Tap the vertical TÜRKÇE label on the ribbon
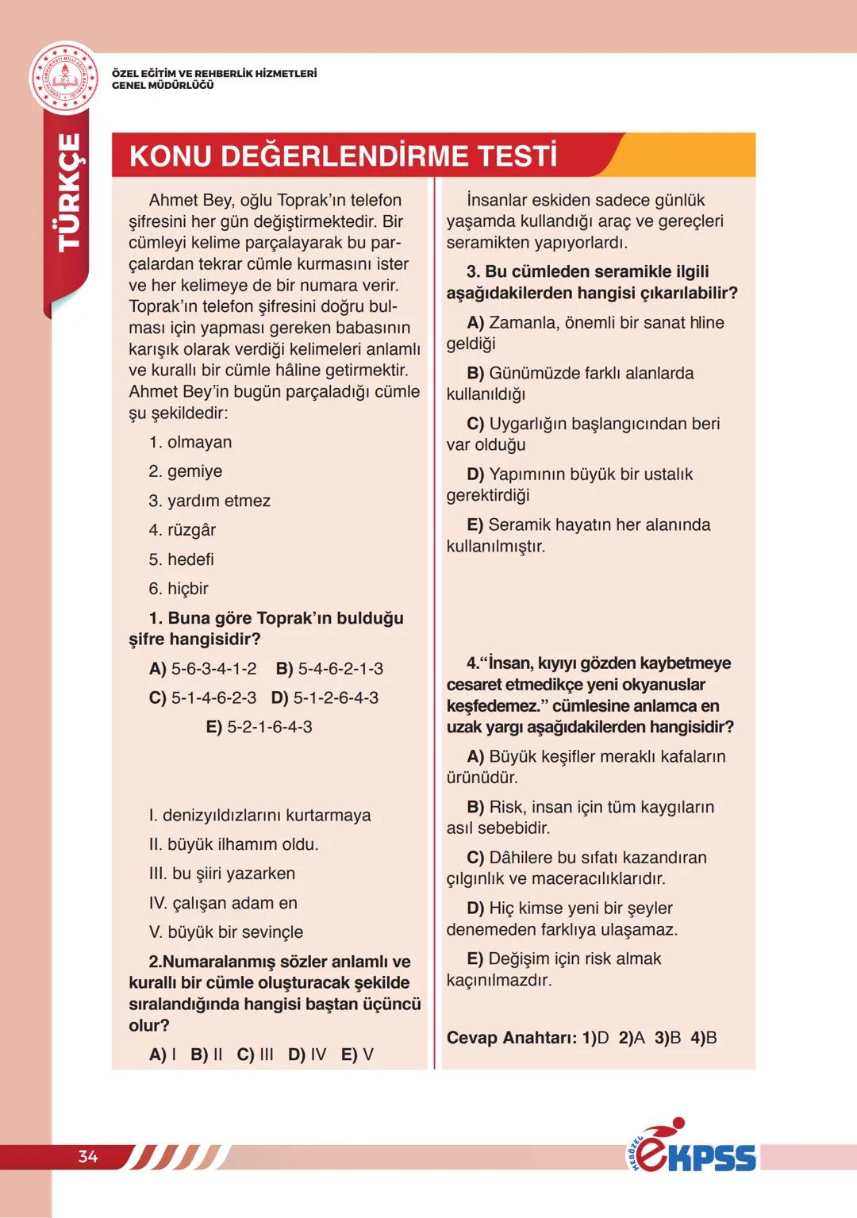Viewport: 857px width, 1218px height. (x=69, y=193)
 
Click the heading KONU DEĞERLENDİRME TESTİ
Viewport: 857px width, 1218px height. (x=343, y=156)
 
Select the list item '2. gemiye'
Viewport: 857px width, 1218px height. (x=186, y=471)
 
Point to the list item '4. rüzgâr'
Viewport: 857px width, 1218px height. (x=183, y=530)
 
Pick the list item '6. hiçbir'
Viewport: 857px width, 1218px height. (x=179, y=589)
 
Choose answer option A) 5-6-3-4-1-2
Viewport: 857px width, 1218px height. (x=203, y=669)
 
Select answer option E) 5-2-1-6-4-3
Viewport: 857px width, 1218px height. (x=259, y=727)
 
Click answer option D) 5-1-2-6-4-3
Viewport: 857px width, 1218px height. (x=325, y=698)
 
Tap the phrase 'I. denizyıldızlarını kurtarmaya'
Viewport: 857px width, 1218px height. (x=259, y=815)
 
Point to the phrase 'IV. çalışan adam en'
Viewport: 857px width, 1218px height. (x=223, y=903)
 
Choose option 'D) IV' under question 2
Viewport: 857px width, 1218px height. (x=307, y=1055)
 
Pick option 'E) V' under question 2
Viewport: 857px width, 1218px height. (x=357, y=1055)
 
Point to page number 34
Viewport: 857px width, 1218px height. (x=88, y=1156)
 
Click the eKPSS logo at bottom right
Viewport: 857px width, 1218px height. (x=691, y=1148)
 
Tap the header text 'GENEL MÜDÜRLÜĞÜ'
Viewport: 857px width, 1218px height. (x=163, y=86)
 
